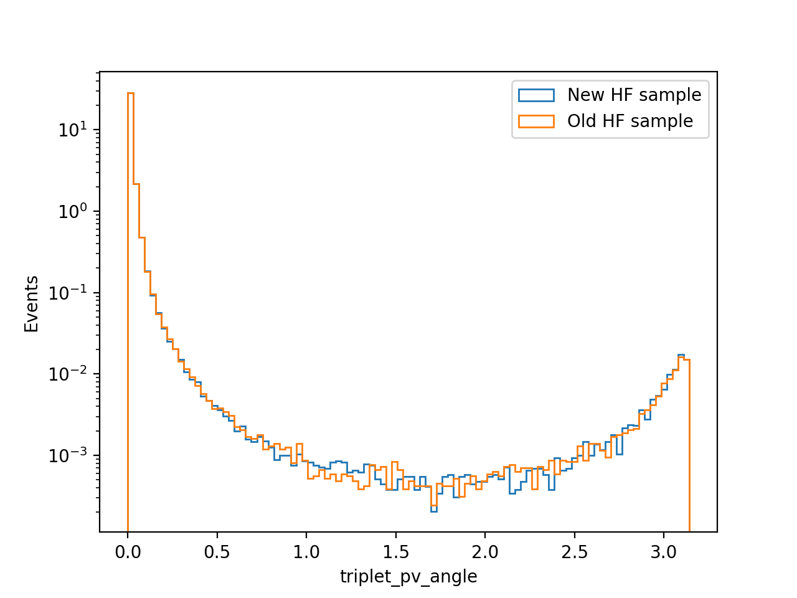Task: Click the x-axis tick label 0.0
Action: coord(128,553)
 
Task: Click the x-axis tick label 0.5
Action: coord(217,553)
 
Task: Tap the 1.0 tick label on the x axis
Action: coord(306,553)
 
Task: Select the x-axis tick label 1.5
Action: coord(396,553)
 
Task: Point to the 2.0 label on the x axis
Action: coord(484,553)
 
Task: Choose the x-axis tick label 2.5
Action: coord(574,553)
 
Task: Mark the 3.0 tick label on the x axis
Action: coord(663,553)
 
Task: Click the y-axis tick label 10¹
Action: coord(73,129)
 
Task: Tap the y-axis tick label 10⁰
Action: coord(73,211)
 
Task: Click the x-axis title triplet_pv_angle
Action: coord(408,577)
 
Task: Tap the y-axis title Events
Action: coord(31,304)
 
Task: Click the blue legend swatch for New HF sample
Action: coord(536,95)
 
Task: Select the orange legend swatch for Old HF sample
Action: coord(536,121)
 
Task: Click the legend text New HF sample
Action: coord(634,95)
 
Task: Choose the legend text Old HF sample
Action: coord(630,121)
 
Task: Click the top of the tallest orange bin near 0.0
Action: coord(130,93)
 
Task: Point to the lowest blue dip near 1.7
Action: coord(433,511)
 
